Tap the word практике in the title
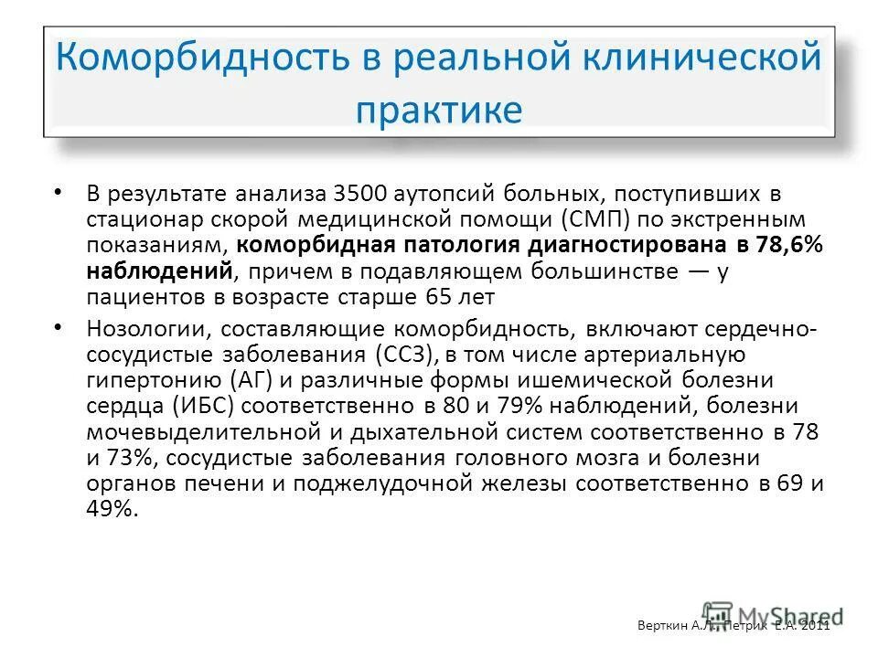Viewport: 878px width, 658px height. point(439,110)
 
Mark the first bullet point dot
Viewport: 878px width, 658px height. point(59,192)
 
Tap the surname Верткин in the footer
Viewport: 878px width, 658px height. point(659,625)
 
